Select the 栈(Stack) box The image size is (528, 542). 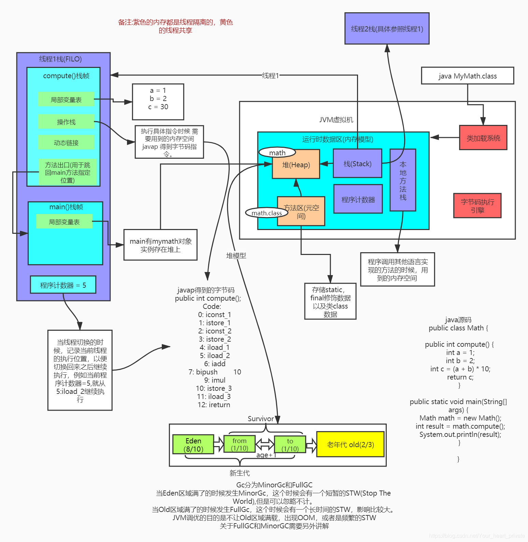(357, 163)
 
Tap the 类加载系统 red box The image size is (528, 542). (483, 138)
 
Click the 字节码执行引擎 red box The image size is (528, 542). (477, 205)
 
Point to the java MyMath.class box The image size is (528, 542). (467, 76)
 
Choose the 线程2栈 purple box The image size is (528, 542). (387, 29)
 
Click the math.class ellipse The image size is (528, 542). (267, 213)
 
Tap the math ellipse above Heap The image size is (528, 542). (277, 153)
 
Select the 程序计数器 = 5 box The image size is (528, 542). (63, 285)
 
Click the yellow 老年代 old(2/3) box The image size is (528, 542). (350, 444)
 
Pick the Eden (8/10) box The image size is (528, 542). (193, 444)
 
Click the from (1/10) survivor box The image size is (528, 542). (240, 444)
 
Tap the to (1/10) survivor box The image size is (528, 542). (290, 444)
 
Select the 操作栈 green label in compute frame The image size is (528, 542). (66, 122)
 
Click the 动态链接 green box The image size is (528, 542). (66, 142)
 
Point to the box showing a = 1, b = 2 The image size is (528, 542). (158, 102)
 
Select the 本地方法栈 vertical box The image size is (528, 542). (403, 180)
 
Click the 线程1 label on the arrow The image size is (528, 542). (270, 75)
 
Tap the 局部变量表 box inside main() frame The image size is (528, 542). (64, 222)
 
